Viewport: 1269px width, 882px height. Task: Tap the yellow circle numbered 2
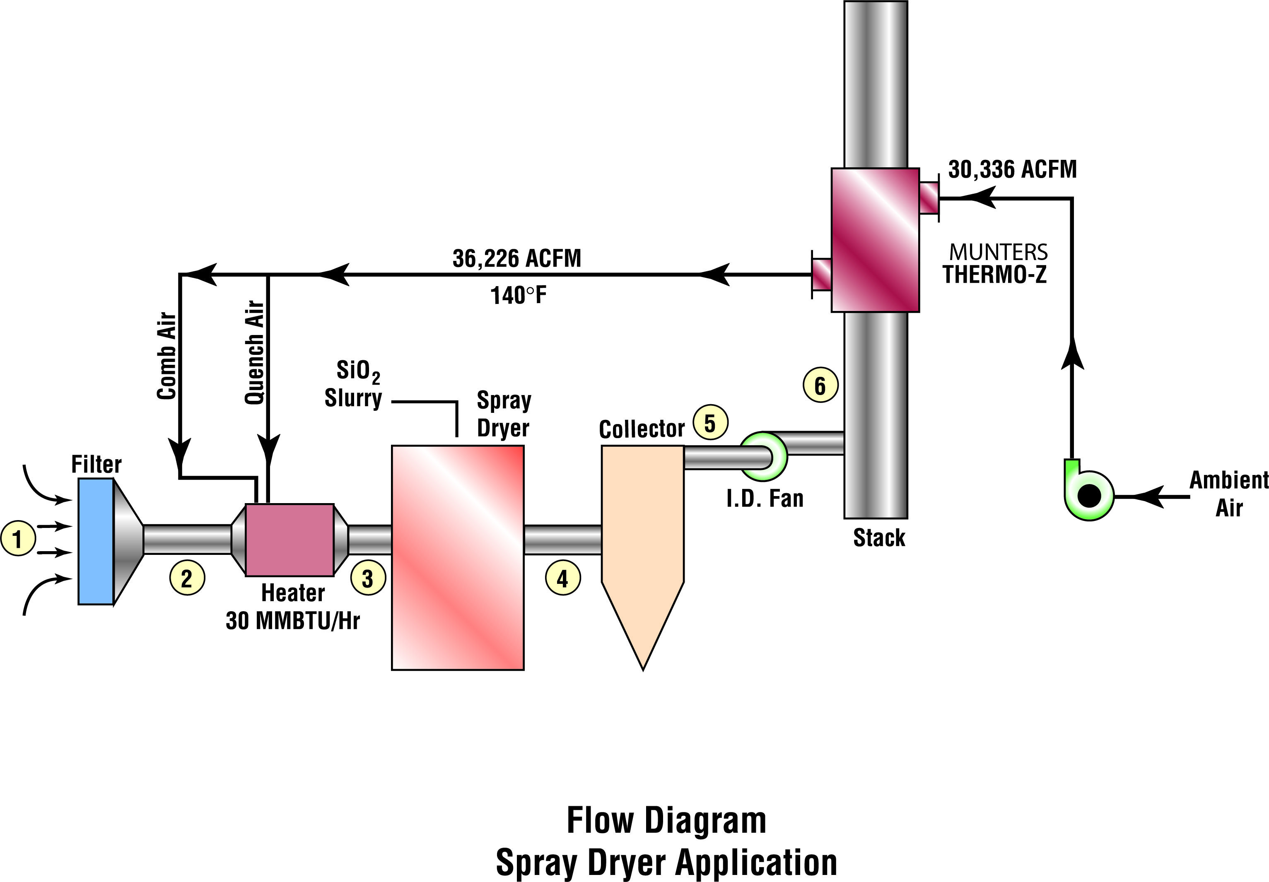[x=187, y=578]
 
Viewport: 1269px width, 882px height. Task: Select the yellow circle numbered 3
[x=367, y=578]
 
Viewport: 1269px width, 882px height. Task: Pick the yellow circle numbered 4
[x=563, y=578]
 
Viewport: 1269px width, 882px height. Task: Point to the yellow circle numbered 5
[x=710, y=423]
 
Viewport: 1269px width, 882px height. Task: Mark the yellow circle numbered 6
[x=820, y=385]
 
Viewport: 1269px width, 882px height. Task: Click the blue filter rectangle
[x=96, y=541]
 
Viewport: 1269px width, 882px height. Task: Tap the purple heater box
[x=290, y=540]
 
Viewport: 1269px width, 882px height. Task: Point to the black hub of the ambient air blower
[x=1089, y=496]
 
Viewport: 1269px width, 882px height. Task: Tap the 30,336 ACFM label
[x=1013, y=169]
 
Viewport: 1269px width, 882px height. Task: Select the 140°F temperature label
[x=518, y=296]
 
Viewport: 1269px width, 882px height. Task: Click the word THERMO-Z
[x=995, y=275]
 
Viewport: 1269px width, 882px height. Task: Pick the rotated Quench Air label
[x=255, y=352]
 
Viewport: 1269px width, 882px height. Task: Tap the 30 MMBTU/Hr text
[x=292, y=621]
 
